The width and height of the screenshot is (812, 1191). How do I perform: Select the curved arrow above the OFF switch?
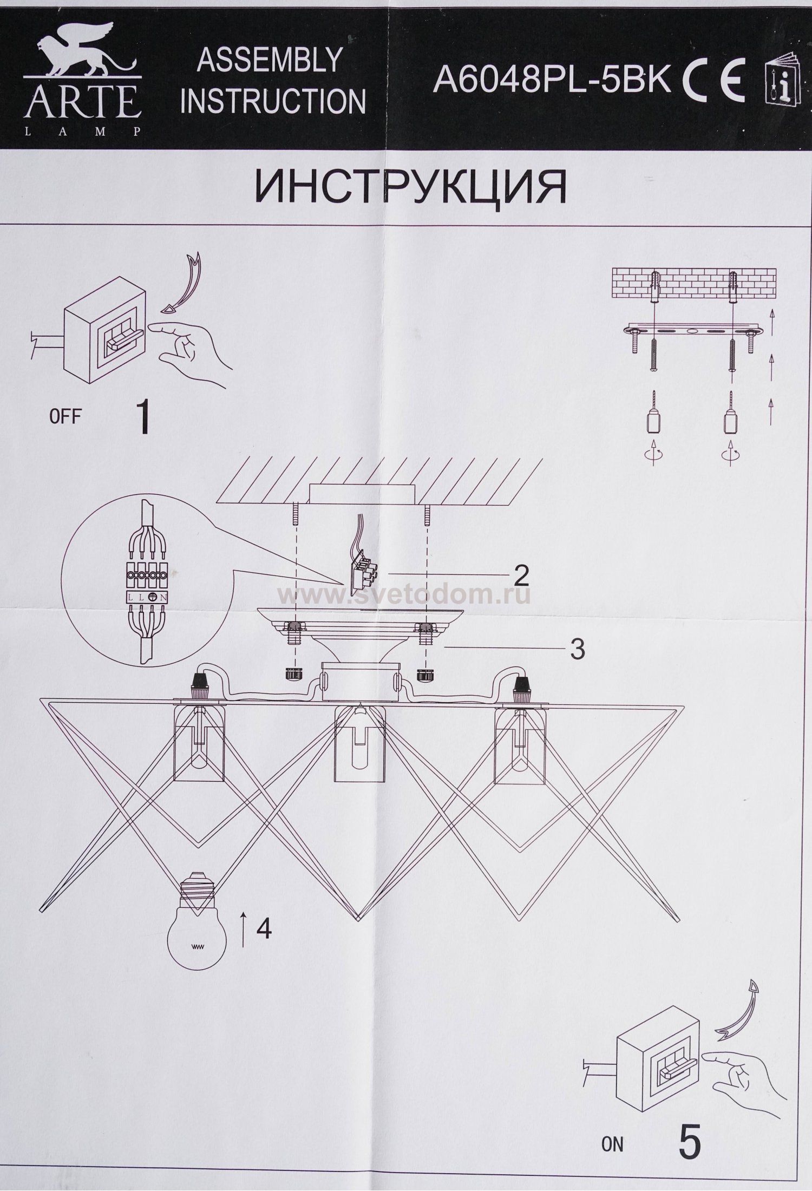click(x=187, y=284)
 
